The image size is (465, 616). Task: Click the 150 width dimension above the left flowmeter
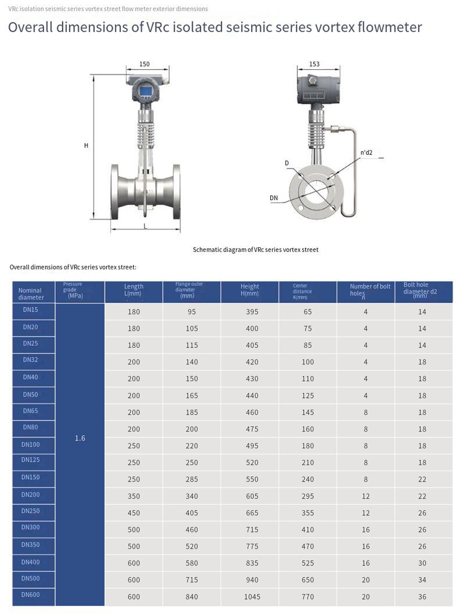[144, 64]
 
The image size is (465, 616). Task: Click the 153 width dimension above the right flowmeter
[314, 64]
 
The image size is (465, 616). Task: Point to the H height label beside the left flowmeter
[86, 146]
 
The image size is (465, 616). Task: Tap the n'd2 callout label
[366, 152]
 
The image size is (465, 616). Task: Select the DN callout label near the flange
[273, 198]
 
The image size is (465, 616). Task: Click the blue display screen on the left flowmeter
[146, 91]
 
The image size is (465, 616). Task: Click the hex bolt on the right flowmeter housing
[312, 81]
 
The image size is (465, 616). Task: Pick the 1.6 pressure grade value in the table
[80, 438]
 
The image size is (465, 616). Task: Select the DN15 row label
[30, 310]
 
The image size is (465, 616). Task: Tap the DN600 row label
[30, 595]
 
